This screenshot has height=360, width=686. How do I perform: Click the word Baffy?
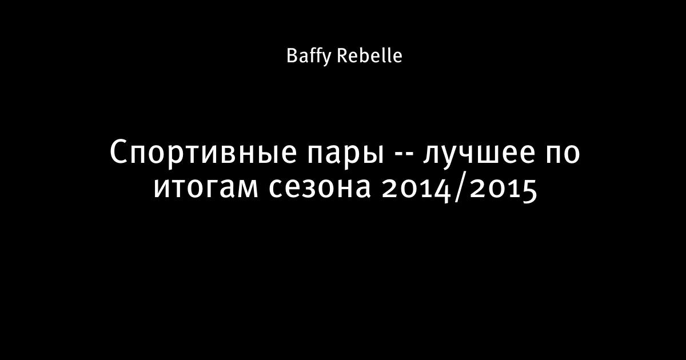tap(309, 57)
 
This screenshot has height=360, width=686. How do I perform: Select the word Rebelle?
tap(370, 55)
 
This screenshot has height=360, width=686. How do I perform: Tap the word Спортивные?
tap(203, 153)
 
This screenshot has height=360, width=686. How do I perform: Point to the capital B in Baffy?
tap(292, 56)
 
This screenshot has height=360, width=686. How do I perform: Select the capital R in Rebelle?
tap(343, 56)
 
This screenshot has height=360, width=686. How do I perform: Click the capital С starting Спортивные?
tap(118, 153)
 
